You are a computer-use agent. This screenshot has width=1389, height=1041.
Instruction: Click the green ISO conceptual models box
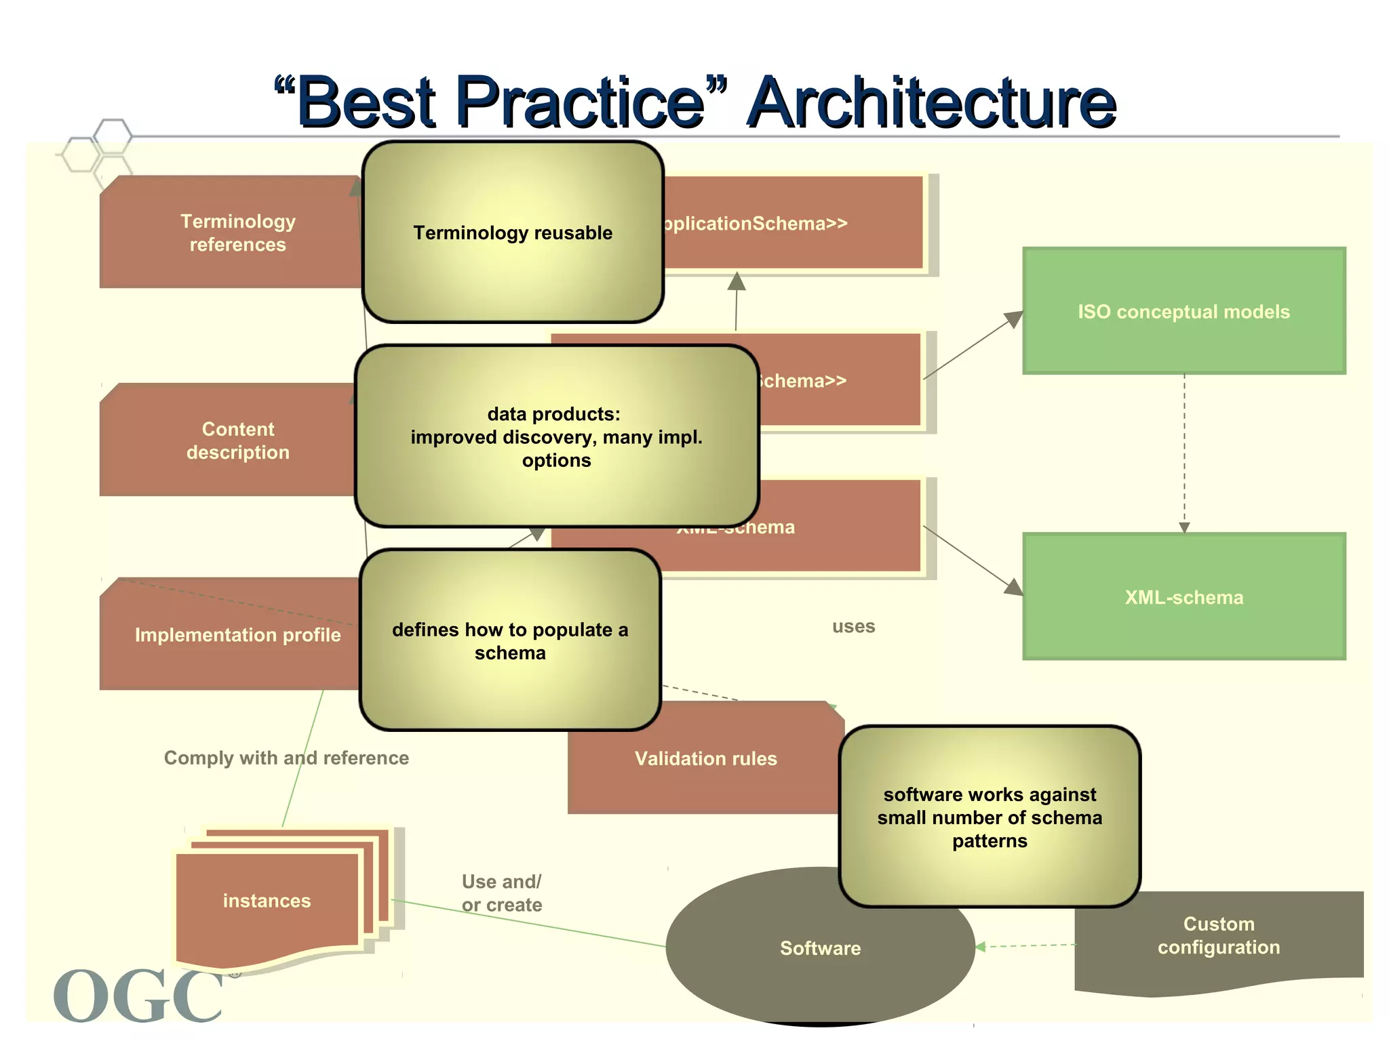pyautogui.click(x=1183, y=311)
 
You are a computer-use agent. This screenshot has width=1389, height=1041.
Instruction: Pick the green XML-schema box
pyautogui.click(x=1183, y=597)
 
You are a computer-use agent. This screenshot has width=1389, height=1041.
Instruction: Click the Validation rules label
pyautogui.click(x=705, y=758)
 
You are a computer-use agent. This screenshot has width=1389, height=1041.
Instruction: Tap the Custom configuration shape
pyautogui.click(x=1218, y=936)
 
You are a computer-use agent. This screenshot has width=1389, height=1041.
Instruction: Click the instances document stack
pyautogui.click(x=267, y=901)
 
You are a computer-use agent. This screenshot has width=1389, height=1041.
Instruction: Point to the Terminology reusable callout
pyautogui.click(x=513, y=232)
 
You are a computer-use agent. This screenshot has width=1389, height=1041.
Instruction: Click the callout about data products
pyautogui.click(x=556, y=437)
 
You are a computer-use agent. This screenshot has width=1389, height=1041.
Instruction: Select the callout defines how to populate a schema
pyautogui.click(x=510, y=640)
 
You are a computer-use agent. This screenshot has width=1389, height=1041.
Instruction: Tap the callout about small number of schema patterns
pyautogui.click(x=990, y=817)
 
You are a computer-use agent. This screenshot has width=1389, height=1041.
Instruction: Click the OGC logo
pyautogui.click(x=139, y=994)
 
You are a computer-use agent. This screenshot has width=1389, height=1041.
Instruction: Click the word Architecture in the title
pyautogui.click(x=932, y=103)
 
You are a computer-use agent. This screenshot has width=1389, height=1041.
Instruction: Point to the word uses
pyautogui.click(x=853, y=626)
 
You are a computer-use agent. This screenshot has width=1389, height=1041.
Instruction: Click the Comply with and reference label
pyautogui.click(x=286, y=758)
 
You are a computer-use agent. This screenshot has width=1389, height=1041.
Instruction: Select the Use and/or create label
pyautogui.click(x=502, y=893)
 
